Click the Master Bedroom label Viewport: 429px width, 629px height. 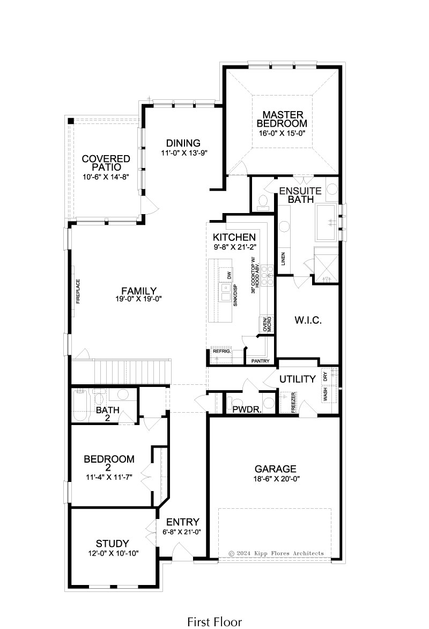(x=282, y=119)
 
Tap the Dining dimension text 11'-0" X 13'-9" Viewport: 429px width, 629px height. (x=184, y=153)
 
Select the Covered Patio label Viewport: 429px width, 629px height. (x=106, y=163)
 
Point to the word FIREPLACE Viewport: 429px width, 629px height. (x=78, y=291)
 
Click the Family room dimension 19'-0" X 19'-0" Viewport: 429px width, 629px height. (x=139, y=298)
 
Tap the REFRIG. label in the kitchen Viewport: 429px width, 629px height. (x=221, y=352)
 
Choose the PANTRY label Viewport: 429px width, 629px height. (x=260, y=361)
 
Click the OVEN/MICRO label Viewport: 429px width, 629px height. (x=267, y=324)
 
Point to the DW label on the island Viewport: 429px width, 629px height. (x=230, y=275)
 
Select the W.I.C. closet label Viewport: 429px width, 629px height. (x=308, y=320)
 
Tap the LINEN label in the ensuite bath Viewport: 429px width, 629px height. (x=284, y=259)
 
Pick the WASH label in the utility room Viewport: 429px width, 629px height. (x=325, y=394)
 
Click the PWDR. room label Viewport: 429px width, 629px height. (x=247, y=409)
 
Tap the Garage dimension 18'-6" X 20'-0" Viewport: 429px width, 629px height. (x=277, y=479)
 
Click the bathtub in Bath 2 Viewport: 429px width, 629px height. (x=80, y=406)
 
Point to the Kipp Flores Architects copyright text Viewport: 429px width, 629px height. (x=276, y=553)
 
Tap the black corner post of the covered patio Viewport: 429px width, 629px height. (x=71, y=121)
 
